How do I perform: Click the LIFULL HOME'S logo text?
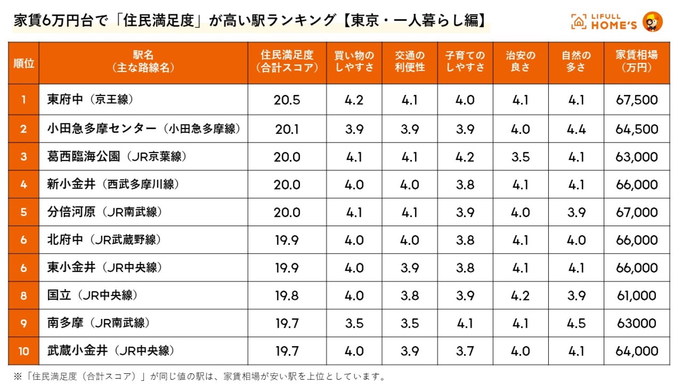click(x=613, y=21)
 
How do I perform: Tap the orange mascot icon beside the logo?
click(x=653, y=22)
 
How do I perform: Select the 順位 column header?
click(x=24, y=63)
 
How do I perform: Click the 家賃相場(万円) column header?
click(x=636, y=61)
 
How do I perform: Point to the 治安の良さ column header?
click(x=520, y=61)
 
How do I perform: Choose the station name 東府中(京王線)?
click(x=90, y=99)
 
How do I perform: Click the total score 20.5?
click(x=287, y=100)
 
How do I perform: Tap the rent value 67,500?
click(x=636, y=100)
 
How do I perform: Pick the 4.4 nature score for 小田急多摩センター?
click(x=576, y=130)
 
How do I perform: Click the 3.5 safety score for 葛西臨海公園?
click(x=520, y=157)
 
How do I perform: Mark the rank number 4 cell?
click(x=24, y=184)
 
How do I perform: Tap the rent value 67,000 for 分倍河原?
click(x=636, y=213)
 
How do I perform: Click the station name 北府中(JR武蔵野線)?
click(x=104, y=240)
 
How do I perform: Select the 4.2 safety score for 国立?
click(x=520, y=295)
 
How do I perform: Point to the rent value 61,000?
click(x=636, y=295)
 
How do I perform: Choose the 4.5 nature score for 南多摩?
click(x=576, y=323)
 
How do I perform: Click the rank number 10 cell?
click(x=24, y=351)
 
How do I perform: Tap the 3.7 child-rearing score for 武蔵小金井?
click(x=465, y=351)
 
